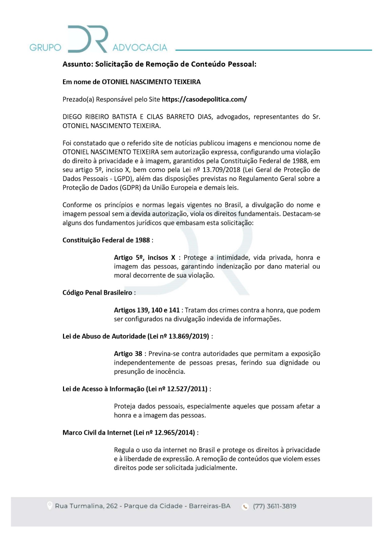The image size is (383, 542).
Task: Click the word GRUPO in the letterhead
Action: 45,47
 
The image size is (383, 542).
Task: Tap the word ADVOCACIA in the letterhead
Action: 140,47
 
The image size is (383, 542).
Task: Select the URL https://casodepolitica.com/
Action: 204,99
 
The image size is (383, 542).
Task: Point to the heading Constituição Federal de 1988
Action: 106,240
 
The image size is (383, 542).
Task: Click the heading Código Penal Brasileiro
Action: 97,293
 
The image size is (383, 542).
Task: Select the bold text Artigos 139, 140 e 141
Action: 147,310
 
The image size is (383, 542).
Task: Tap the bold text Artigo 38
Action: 128,354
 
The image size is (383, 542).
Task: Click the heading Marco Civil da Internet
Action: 97,433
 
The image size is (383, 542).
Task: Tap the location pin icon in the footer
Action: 49,506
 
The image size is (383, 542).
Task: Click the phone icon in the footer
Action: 245,506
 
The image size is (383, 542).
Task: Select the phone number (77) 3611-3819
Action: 275,506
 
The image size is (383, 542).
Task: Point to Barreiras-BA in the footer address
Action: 210,506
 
